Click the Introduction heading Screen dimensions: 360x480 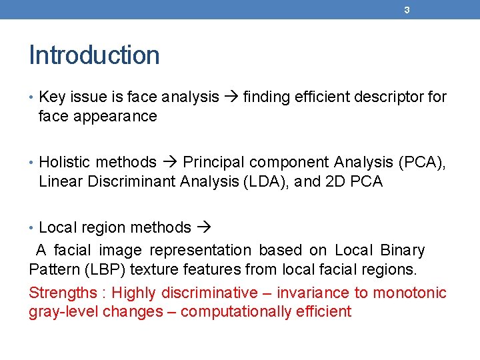click(94, 55)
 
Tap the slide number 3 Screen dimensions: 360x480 click(407, 10)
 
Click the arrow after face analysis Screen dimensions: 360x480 click(231, 97)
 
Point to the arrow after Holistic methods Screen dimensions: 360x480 click(169, 163)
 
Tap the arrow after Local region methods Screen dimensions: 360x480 click(204, 228)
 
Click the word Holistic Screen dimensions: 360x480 click(64, 163)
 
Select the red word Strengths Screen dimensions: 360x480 click(63, 293)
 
